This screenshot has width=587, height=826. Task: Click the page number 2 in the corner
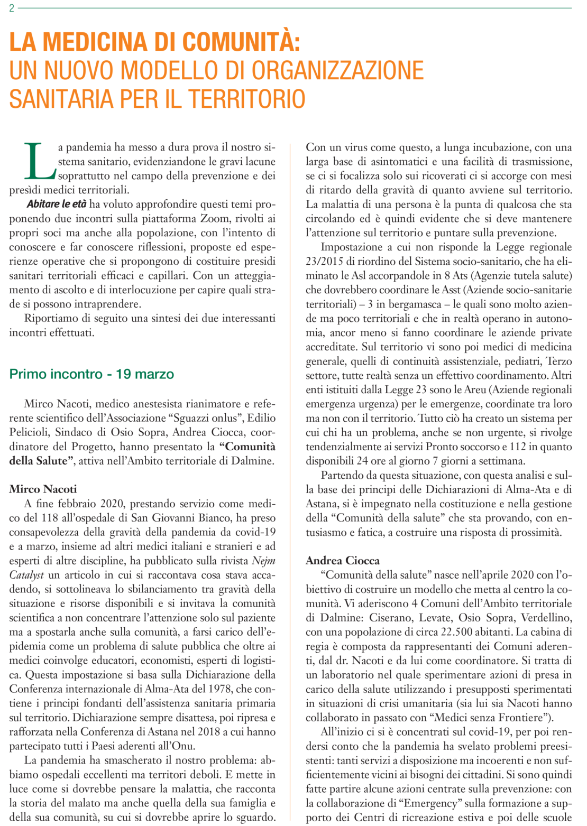(12, 8)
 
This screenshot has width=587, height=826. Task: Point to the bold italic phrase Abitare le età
(56, 204)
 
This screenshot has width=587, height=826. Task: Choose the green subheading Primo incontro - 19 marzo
(91, 374)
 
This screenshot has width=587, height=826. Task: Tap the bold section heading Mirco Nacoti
(43, 489)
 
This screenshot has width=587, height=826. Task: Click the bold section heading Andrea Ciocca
(343, 560)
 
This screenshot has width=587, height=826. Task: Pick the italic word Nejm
(263, 561)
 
